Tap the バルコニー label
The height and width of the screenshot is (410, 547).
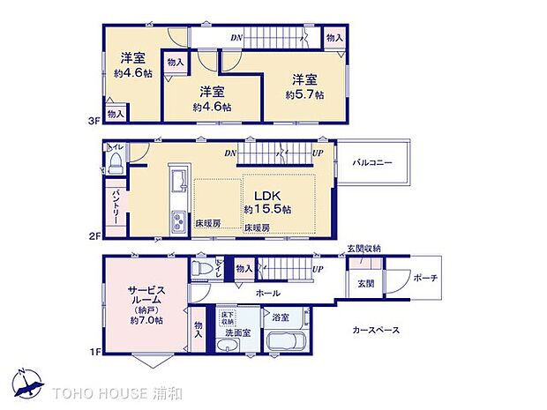click(x=371, y=163)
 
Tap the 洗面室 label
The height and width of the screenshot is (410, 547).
click(x=239, y=333)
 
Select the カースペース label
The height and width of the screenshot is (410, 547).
click(x=376, y=330)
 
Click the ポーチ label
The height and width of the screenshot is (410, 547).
click(x=424, y=279)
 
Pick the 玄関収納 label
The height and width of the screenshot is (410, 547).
click(x=363, y=249)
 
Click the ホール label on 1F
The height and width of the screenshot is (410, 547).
click(x=268, y=293)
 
